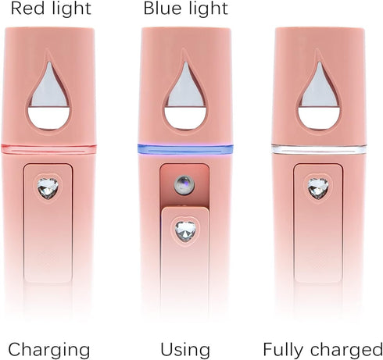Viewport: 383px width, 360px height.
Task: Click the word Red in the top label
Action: point(28,8)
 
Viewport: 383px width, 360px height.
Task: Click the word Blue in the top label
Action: point(161,8)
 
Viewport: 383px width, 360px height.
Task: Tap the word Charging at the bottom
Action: point(49,351)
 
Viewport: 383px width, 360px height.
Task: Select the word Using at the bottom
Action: point(185,349)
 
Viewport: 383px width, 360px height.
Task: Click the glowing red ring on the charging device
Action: point(48,149)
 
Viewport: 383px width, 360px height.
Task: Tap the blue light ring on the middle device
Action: point(185,149)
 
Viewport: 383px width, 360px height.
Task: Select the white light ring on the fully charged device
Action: point(319,149)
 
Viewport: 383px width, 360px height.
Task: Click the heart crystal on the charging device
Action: point(48,188)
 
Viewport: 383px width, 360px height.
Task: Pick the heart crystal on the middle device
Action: point(185,231)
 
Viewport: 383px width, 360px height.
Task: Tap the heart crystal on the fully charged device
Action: point(318,188)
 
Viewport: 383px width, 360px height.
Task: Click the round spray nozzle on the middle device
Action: point(184,185)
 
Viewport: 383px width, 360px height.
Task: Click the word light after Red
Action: point(71,8)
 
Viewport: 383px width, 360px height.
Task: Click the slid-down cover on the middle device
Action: point(185,260)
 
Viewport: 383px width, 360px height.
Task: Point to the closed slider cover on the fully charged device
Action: point(318,223)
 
